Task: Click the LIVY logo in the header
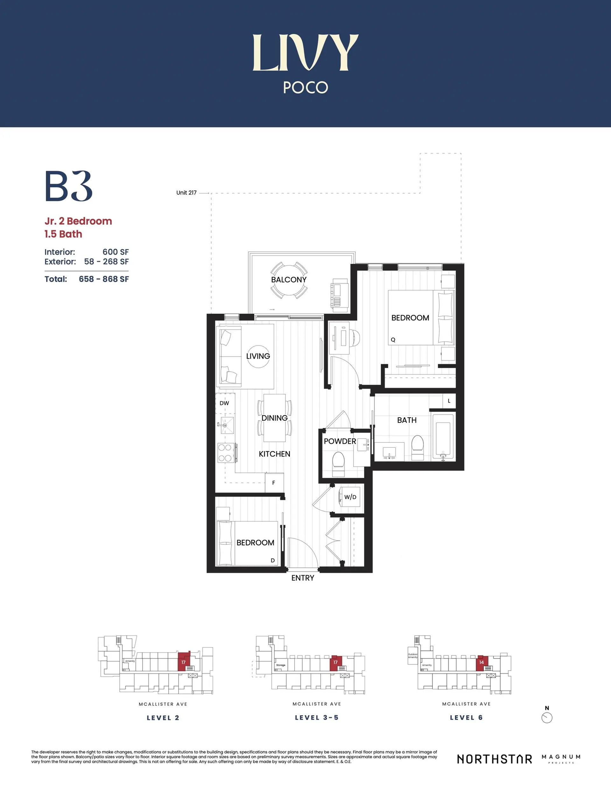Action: point(305,53)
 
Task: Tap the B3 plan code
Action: point(68,186)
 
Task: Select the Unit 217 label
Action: point(186,193)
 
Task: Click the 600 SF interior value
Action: point(115,252)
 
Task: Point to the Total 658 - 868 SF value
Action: point(104,279)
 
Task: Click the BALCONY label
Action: point(289,279)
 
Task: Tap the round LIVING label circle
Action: point(258,356)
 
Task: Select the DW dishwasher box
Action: point(225,403)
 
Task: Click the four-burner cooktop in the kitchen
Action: point(225,453)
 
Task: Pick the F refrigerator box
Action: point(274,483)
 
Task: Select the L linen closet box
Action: point(449,400)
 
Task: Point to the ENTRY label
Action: point(302,578)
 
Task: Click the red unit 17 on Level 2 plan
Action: point(184,662)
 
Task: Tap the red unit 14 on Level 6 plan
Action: point(481,662)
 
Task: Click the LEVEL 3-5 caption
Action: point(317,717)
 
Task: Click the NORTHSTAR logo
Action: point(495,759)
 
